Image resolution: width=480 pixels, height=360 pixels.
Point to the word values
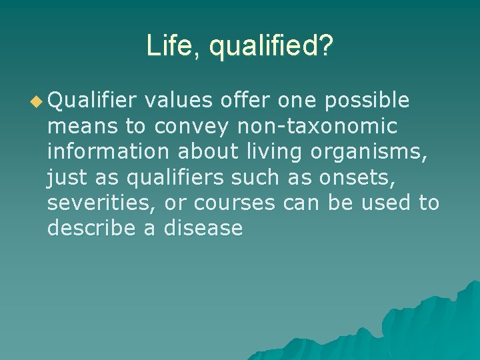point(179,100)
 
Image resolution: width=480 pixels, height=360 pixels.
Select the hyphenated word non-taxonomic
point(317,126)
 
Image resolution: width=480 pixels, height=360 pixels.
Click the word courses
point(234,203)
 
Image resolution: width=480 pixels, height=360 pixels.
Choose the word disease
point(203,228)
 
